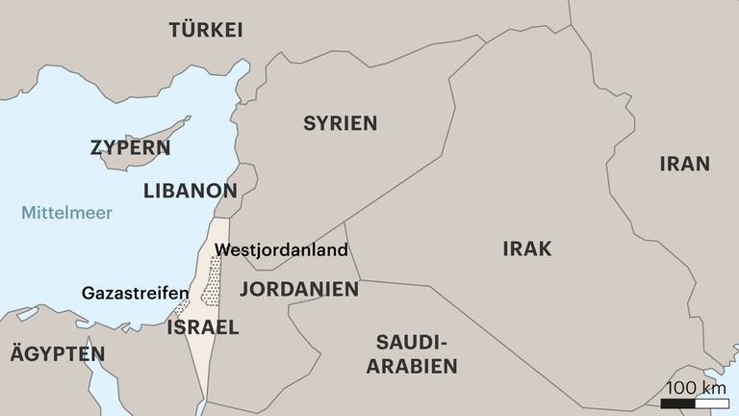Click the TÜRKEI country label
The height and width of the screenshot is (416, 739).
tap(205, 30)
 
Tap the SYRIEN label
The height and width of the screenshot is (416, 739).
tap(340, 123)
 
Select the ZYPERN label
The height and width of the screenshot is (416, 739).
tap(130, 148)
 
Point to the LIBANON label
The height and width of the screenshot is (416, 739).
tap(190, 191)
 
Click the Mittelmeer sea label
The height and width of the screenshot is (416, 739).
tap(66, 213)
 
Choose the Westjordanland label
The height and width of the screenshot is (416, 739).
tap(281, 249)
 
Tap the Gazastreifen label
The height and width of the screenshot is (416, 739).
tap(135, 293)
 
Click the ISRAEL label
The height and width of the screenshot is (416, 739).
tap(202, 327)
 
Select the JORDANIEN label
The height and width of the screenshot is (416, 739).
tap(299, 289)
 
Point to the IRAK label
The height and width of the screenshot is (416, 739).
tap(526, 249)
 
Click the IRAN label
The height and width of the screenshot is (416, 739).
tap(684, 164)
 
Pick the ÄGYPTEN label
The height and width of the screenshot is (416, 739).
tap(57, 354)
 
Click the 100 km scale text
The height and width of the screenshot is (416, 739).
tap(694, 387)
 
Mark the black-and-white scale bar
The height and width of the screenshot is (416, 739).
tap(693, 403)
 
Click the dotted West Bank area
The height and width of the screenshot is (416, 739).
tap(212, 281)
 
